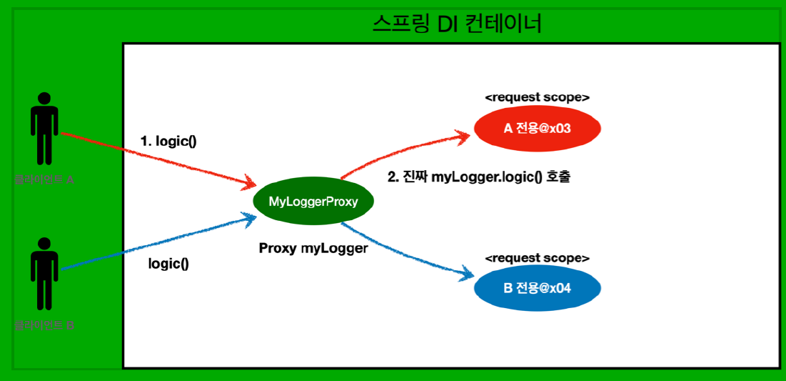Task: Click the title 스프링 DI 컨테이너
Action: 458,24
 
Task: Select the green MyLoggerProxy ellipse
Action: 313,202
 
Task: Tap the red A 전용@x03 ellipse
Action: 537,129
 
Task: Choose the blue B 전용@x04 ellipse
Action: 537,289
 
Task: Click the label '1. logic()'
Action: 168,141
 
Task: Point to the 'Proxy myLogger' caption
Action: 313,248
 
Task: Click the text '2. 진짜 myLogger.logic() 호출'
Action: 478,177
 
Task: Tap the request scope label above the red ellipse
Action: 537,97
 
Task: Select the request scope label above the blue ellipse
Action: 537,257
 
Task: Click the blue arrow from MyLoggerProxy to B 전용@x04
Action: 407,250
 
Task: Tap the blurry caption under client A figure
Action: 44,179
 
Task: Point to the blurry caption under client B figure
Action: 44,326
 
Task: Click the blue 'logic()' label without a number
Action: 168,263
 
